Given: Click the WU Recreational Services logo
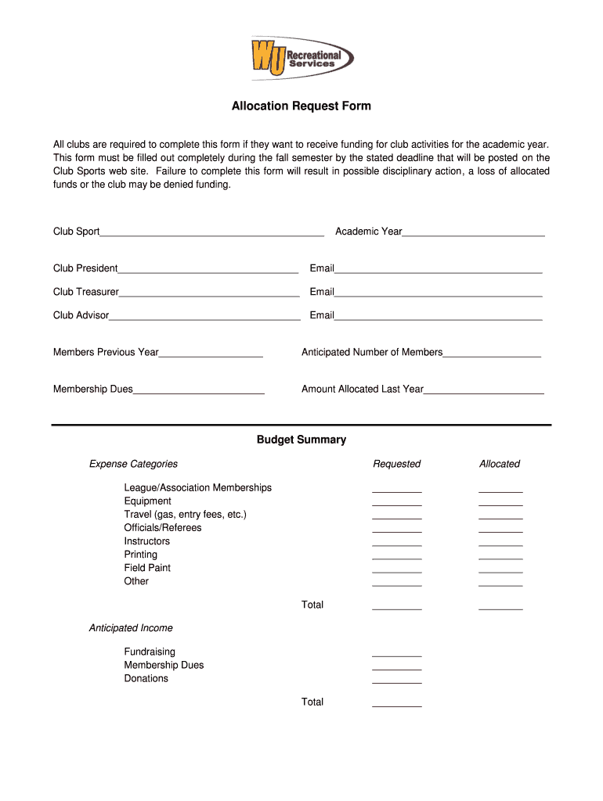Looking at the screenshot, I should pyautogui.click(x=301, y=57).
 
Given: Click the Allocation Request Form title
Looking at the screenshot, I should pyautogui.click(x=301, y=106).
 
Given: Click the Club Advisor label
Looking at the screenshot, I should pyautogui.click(x=81, y=315).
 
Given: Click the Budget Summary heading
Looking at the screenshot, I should pyautogui.click(x=301, y=440).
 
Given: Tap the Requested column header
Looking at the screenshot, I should pyautogui.click(x=396, y=464).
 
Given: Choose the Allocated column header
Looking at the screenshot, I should pyautogui.click(x=500, y=464).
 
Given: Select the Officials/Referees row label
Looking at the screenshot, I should pyautogui.click(x=163, y=527).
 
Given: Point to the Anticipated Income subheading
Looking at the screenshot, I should pyautogui.click(x=131, y=628).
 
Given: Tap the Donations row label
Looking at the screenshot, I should pyautogui.click(x=146, y=678).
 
